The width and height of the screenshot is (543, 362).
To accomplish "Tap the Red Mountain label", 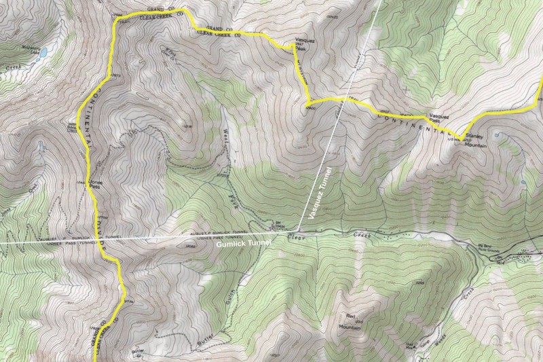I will pos(351,321).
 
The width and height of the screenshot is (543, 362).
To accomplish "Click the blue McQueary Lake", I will pos(42,52).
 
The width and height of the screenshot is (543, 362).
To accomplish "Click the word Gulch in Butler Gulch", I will pos(235,295).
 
